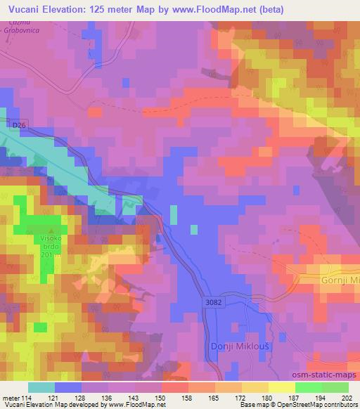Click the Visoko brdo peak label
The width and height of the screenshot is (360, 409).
pos(50,242)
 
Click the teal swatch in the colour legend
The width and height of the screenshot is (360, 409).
pos(41,387)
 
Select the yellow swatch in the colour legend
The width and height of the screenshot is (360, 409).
pos(281,387)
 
